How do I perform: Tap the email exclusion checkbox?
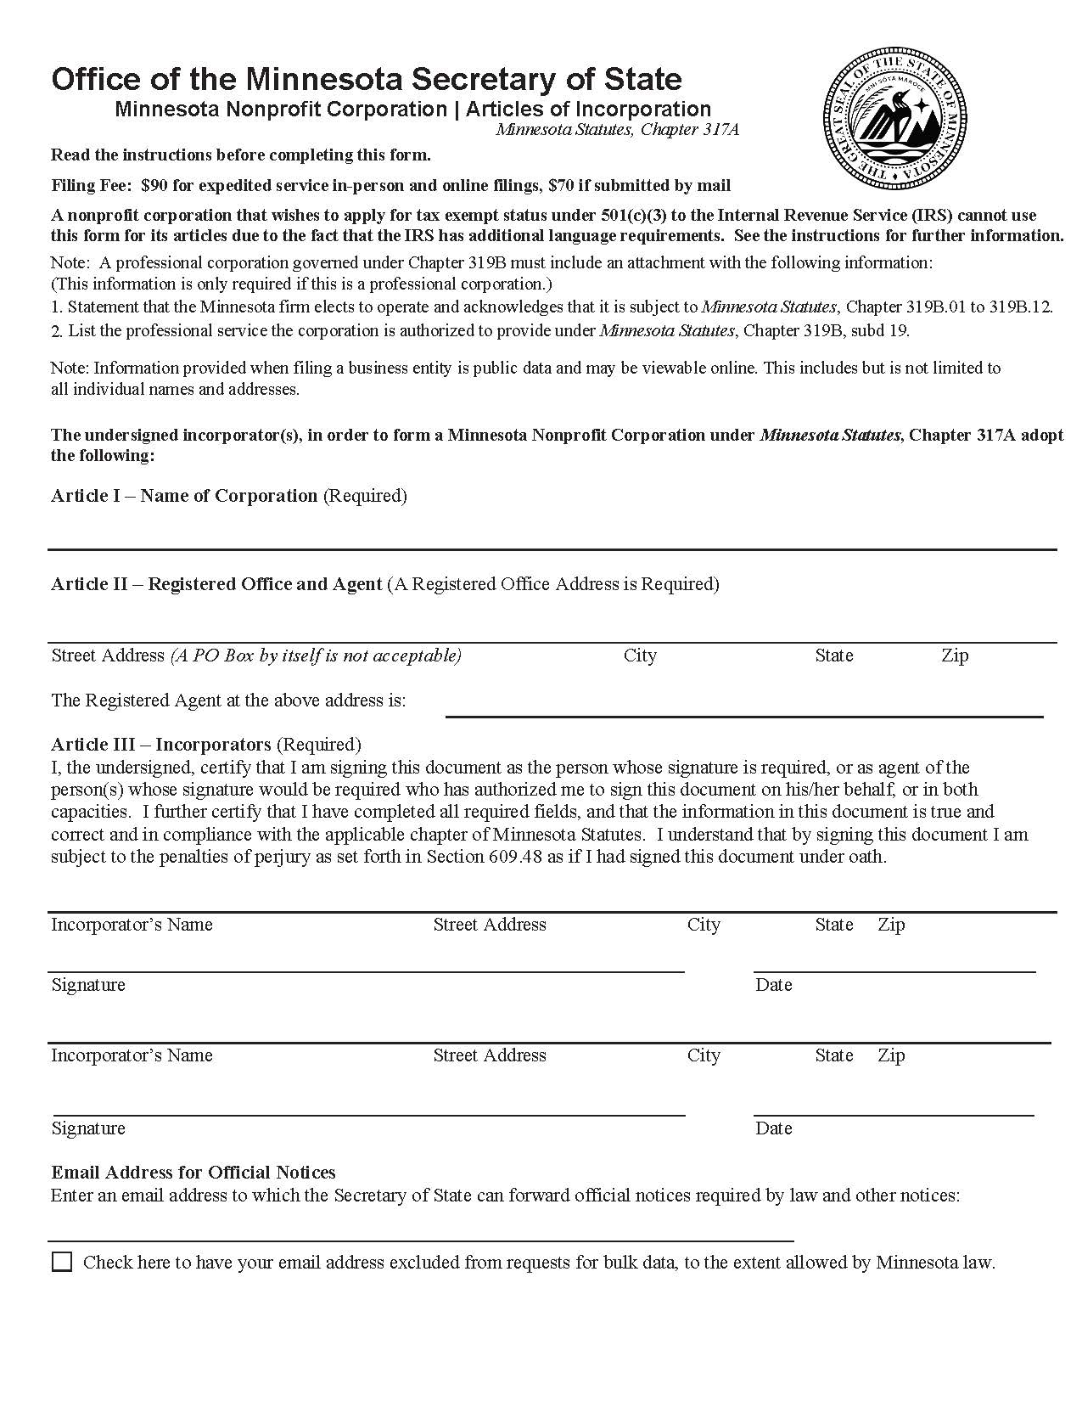(x=62, y=1261)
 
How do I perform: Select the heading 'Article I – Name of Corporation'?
(x=184, y=496)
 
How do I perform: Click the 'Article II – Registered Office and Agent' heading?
(x=216, y=584)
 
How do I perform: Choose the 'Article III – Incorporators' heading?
(x=161, y=745)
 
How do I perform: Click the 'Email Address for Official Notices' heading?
(x=193, y=1173)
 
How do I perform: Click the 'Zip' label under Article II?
(x=955, y=655)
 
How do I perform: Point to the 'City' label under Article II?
(x=640, y=655)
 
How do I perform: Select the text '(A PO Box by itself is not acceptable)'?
(x=316, y=655)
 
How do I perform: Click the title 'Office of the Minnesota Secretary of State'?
(x=367, y=79)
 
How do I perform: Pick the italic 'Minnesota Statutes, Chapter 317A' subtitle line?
(x=617, y=130)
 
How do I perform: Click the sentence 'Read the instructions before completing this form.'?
(x=241, y=155)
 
